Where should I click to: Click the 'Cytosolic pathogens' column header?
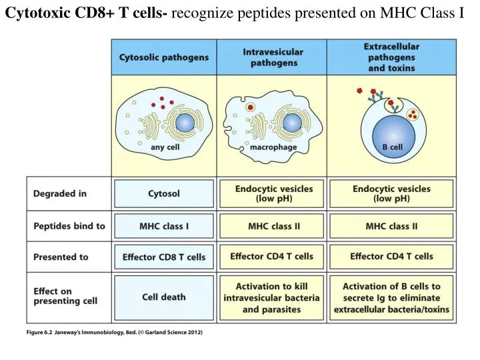[164, 57]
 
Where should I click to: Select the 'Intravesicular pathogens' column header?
[273, 57]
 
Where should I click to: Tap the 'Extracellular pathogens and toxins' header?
[391, 57]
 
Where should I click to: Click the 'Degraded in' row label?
[60, 194]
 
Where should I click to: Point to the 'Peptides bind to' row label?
[69, 226]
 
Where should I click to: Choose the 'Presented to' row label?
[61, 257]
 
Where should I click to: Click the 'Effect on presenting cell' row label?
[65, 296]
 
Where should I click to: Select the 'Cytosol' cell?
[164, 194]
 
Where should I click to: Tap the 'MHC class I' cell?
[164, 226]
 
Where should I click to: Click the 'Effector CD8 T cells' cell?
[164, 257]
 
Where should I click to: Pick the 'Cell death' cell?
[164, 297]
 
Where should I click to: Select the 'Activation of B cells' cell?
[391, 297]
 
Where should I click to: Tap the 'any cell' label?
[165, 147]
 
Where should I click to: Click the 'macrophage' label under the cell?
[273, 147]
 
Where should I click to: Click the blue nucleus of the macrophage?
[291, 123]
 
